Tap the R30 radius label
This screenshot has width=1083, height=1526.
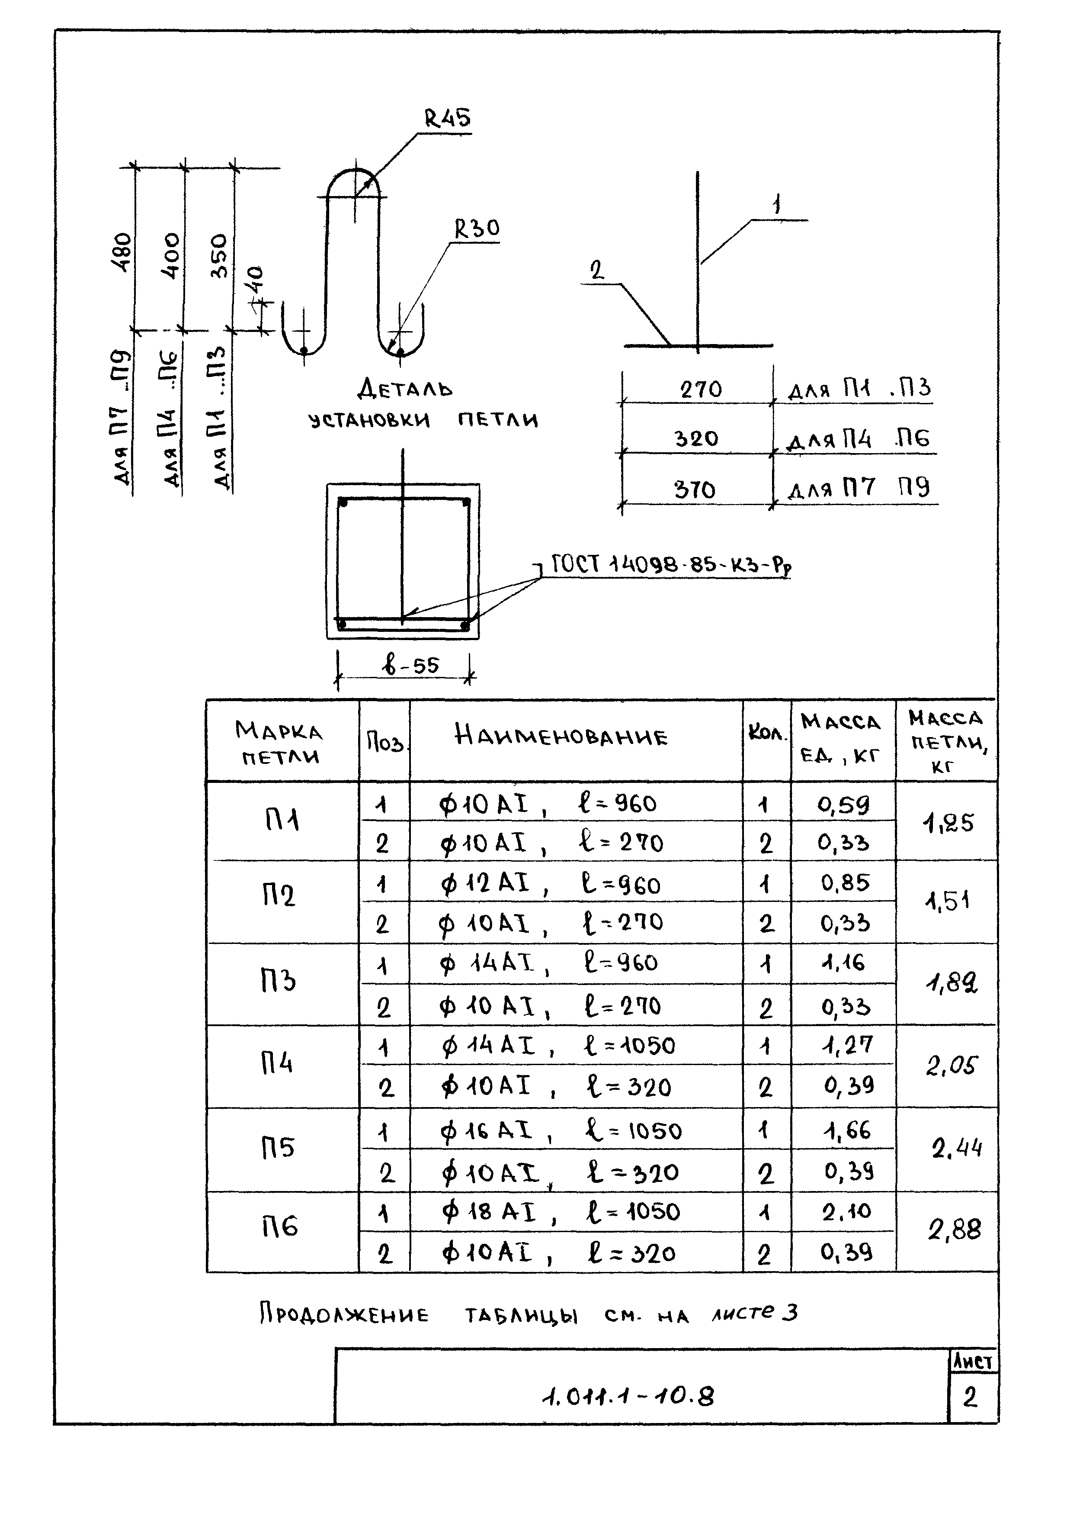pyautogui.click(x=476, y=229)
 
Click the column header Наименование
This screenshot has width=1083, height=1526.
pyautogui.click(x=560, y=737)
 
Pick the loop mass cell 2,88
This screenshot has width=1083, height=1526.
pyautogui.click(x=954, y=1230)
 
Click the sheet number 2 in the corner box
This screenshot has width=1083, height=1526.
pyautogui.click(x=970, y=1397)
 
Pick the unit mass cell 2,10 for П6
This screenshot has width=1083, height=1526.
pyautogui.click(x=846, y=1211)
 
